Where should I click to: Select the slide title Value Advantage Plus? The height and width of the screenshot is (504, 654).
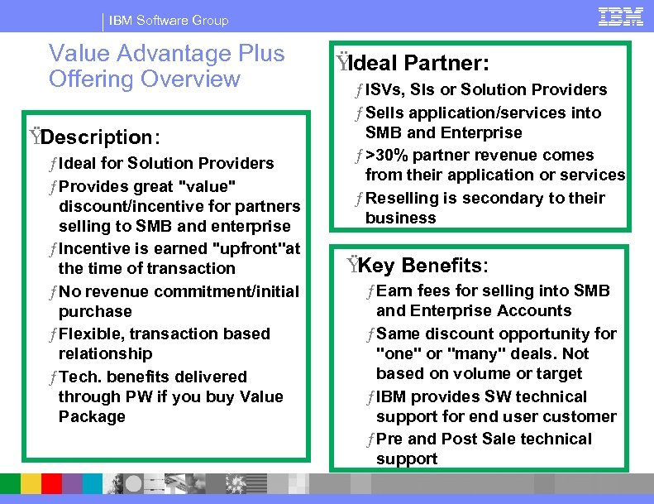(166, 54)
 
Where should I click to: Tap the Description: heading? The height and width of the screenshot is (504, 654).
(100, 137)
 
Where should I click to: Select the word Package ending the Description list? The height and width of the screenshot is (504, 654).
(92, 416)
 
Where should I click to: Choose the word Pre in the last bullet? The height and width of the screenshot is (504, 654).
(389, 439)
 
